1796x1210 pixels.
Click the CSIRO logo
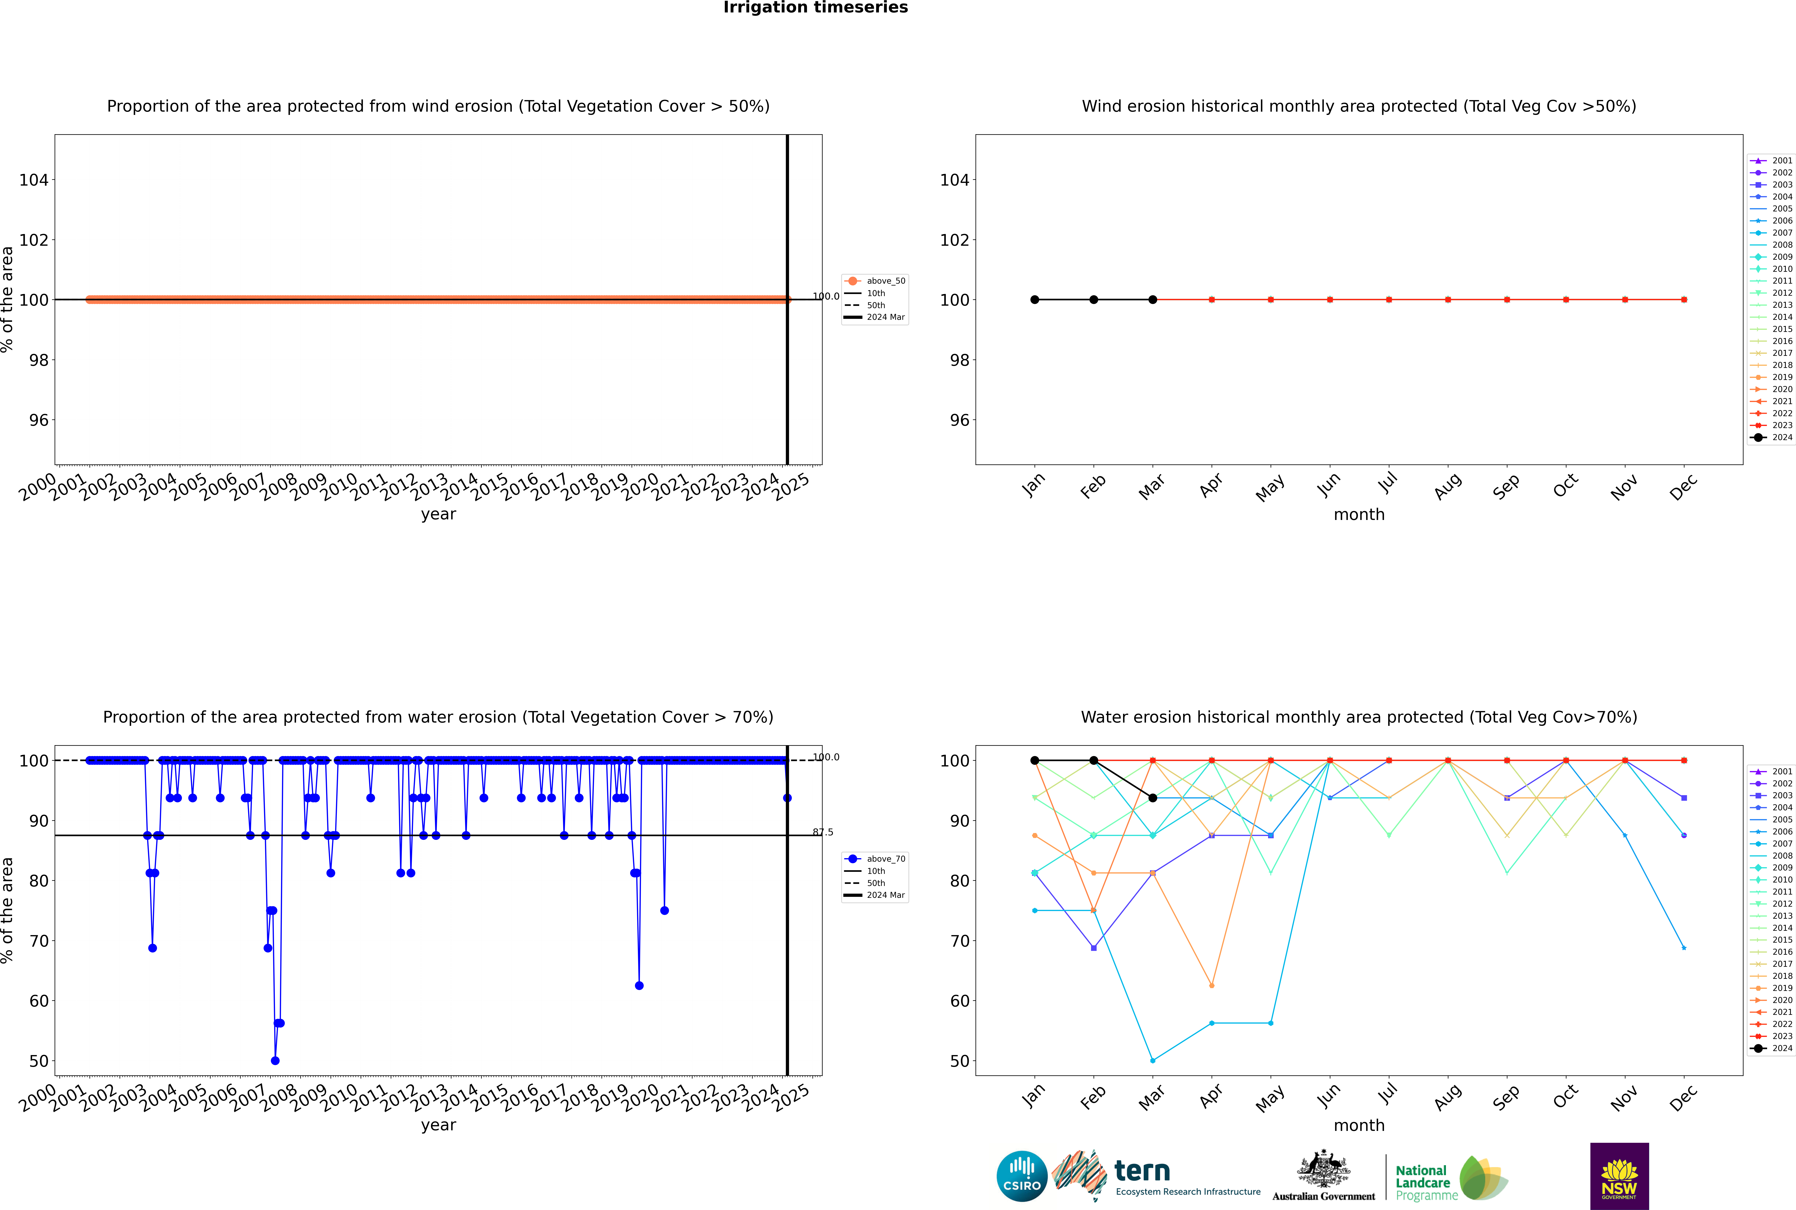tap(1021, 1176)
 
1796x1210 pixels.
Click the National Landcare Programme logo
tap(1450, 1178)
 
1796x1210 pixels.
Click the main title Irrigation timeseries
tap(815, 8)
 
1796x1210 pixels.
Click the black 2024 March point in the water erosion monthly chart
tap(1153, 798)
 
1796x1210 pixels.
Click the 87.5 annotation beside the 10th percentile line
tap(823, 832)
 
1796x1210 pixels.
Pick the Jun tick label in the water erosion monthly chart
tap(1328, 1097)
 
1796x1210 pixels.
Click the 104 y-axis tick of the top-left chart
tap(33, 180)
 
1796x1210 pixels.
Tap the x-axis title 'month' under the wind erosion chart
tap(1359, 515)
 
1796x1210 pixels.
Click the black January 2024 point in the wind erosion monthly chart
tap(1035, 299)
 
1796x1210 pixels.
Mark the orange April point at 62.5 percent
tap(1212, 985)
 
